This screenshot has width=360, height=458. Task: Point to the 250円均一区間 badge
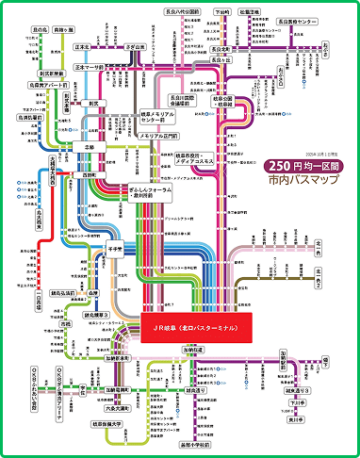[280, 164]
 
